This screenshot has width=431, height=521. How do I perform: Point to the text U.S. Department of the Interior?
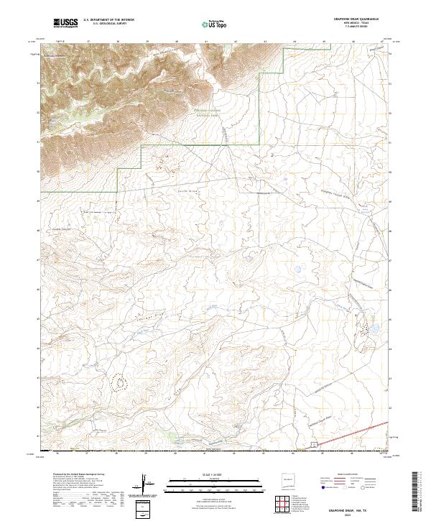pyautogui.click(x=108, y=20)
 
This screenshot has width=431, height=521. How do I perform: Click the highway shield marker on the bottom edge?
pyautogui.click(x=314, y=447)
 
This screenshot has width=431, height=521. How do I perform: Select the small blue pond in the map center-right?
pyautogui.click(x=294, y=270)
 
